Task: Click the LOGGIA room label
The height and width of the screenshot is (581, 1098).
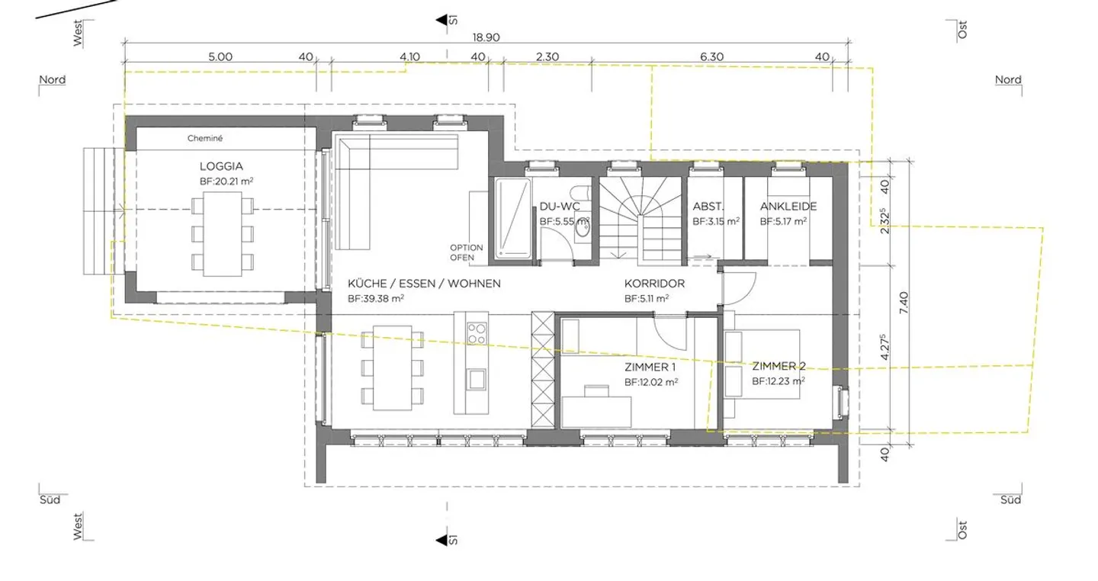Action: click(x=221, y=166)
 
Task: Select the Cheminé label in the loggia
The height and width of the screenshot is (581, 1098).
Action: click(x=204, y=139)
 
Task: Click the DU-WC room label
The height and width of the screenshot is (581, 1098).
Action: click(x=560, y=207)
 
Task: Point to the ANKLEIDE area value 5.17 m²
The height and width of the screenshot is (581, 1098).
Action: click(x=783, y=222)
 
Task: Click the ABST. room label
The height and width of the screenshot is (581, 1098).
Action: click(x=708, y=207)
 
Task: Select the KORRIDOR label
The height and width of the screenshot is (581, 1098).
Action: click(x=654, y=284)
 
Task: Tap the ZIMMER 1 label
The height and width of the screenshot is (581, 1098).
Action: click(x=650, y=367)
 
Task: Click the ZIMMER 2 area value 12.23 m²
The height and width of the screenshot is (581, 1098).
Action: click(x=778, y=381)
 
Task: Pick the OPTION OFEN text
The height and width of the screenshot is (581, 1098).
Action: click(x=467, y=252)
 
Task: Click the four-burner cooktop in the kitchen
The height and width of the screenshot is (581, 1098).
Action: click(x=477, y=332)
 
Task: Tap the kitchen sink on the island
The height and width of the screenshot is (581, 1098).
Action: click(x=477, y=377)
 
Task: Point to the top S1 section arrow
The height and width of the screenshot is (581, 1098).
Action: click(x=441, y=20)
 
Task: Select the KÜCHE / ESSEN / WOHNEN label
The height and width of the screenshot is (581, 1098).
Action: click(x=424, y=284)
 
